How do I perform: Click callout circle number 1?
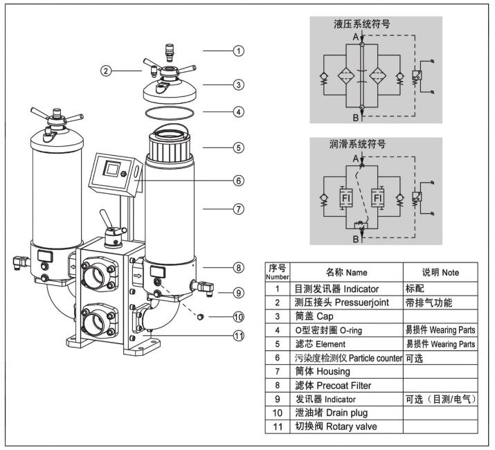pyautogui.click(x=238, y=51)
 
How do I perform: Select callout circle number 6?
pyautogui.click(x=238, y=180)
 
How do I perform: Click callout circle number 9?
pyautogui.click(x=238, y=293)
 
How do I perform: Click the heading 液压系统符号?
pyautogui.click(x=361, y=24)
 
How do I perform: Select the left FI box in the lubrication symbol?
pyautogui.click(x=344, y=199)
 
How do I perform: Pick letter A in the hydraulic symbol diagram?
pyautogui.click(x=355, y=36)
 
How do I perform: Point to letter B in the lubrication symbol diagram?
pyautogui.click(x=355, y=240)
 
